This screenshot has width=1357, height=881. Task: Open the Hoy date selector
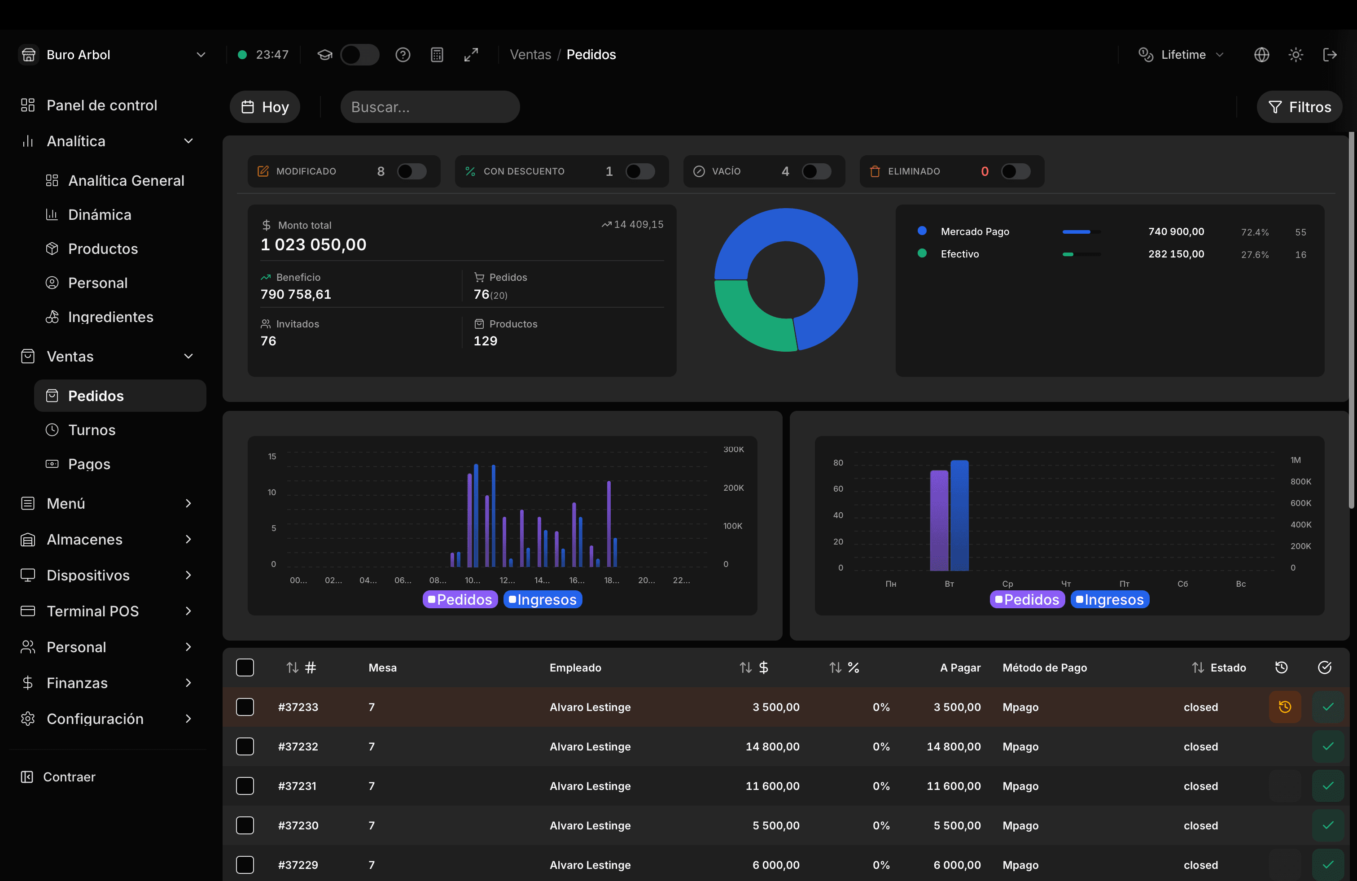tap(265, 107)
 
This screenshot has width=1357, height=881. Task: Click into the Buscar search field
tap(430, 107)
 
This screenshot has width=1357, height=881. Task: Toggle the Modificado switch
tap(411, 171)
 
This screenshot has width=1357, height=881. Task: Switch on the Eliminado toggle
tap(1016, 171)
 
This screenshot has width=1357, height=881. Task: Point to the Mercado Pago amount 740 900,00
tap(1176, 231)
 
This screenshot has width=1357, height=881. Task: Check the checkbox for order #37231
tap(245, 786)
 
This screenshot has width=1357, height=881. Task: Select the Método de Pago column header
tap(1045, 667)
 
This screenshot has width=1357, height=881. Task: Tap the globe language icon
tap(1261, 55)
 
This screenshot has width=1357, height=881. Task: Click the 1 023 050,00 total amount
tap(313, 244)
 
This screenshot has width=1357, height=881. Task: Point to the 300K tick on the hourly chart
tap(733, 449)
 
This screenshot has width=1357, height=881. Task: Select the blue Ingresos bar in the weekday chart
tap(959, 515)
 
